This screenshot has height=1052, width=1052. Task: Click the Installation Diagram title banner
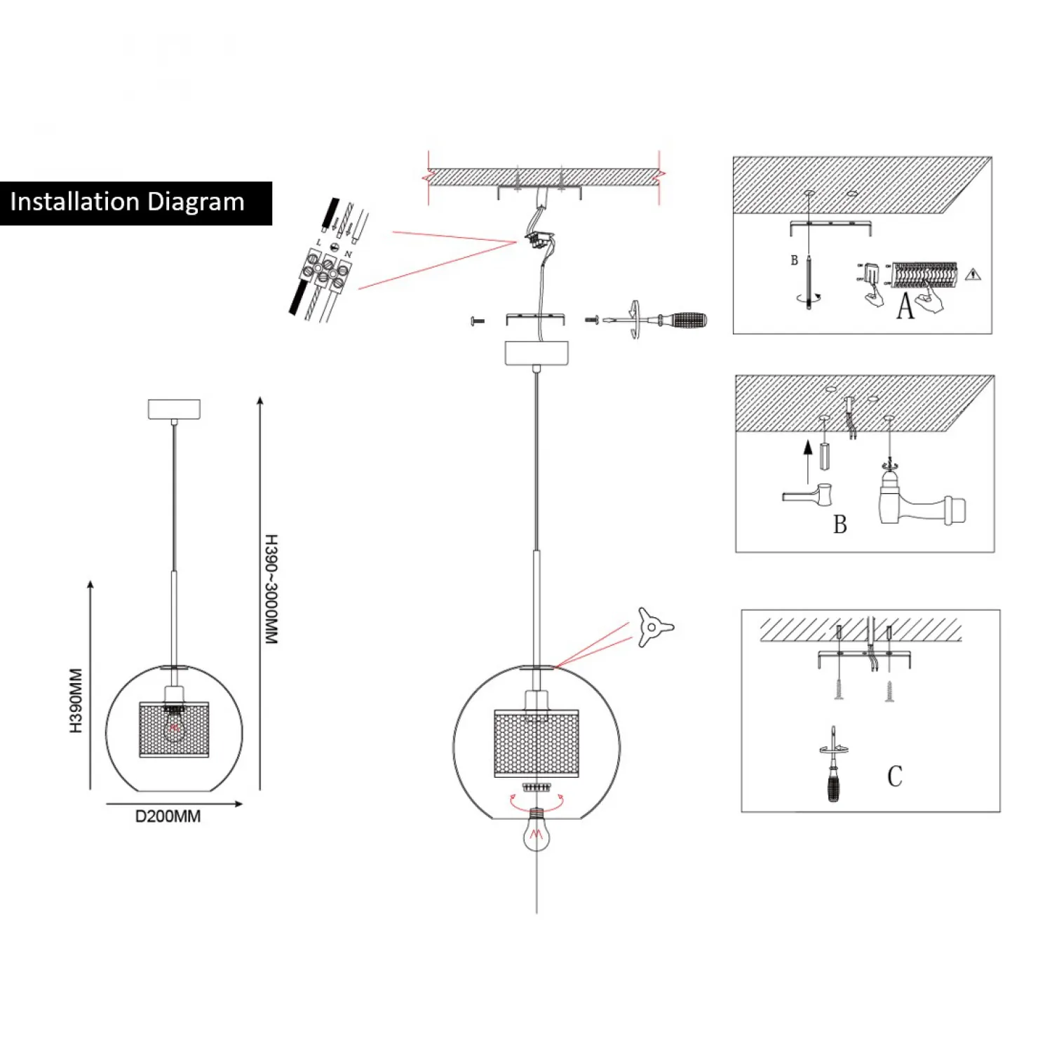coord(135,203)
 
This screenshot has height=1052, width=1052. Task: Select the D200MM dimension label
coord(168,816)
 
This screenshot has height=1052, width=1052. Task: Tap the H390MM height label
coord(76,701)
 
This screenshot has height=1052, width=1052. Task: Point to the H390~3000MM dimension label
coord(271,589)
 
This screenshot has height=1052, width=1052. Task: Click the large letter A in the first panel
coord(905,306)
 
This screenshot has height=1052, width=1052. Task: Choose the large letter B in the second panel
coord(839,524)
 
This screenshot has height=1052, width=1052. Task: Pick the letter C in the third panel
coord(894,776)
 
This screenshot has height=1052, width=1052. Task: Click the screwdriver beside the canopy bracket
coord(659,321)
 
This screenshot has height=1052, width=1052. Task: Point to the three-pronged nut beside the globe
coord(653,626)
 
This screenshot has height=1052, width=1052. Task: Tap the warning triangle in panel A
coord(972,275)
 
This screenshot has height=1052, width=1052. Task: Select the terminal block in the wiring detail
coord(326,270)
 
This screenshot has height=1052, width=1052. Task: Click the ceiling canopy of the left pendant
coord(174,409)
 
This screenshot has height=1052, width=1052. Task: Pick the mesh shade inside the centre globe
coord(537,743)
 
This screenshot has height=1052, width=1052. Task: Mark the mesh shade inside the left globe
coord(174,729)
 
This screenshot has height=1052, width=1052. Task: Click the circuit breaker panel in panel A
coord(924,274)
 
